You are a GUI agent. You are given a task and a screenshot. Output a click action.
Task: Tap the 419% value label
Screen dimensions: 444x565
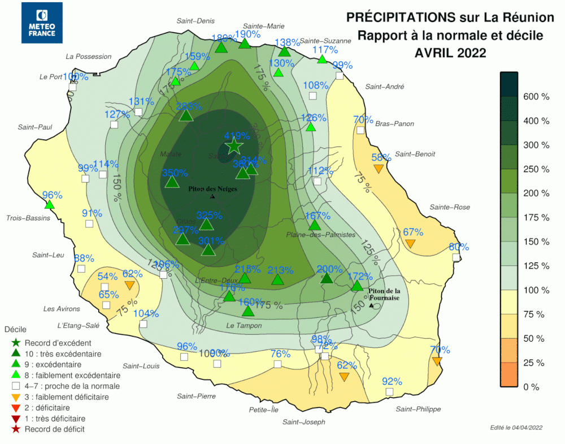click(237, 136)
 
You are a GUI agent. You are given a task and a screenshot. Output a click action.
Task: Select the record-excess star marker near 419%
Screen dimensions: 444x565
click(233, 146)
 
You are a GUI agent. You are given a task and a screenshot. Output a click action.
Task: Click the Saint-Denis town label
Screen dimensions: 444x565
click(195, 21)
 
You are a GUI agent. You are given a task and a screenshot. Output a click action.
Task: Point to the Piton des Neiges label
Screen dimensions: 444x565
click(212, 189)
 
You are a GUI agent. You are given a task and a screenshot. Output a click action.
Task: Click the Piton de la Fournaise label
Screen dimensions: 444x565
click(384, 294)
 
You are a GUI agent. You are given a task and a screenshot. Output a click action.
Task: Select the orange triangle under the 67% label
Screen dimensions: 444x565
click(411, 243)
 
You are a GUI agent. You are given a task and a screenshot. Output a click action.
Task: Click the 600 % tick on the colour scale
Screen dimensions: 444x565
click(536, 97)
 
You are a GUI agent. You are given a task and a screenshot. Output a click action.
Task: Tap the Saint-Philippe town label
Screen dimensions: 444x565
click(418, 409)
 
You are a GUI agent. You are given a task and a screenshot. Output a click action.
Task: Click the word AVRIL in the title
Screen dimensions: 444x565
click(436, 53)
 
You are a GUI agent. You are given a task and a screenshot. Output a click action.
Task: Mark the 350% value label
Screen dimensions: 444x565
click(175, 173)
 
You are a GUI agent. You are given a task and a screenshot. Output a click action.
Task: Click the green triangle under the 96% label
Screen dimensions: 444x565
click(49, 205)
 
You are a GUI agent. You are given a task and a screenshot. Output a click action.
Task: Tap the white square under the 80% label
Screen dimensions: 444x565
click(456, 257)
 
